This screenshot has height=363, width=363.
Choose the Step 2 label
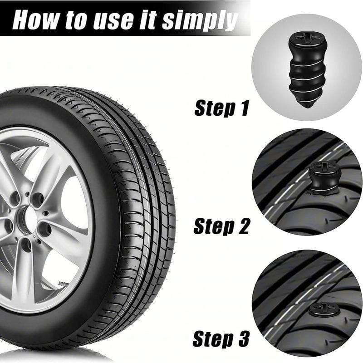(x=221, y=226)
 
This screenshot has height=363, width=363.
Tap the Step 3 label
(x=221, y=338)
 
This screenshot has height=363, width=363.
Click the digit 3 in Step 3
(x=242, y=338)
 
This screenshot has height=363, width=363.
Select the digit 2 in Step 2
(x=243, y=226)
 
